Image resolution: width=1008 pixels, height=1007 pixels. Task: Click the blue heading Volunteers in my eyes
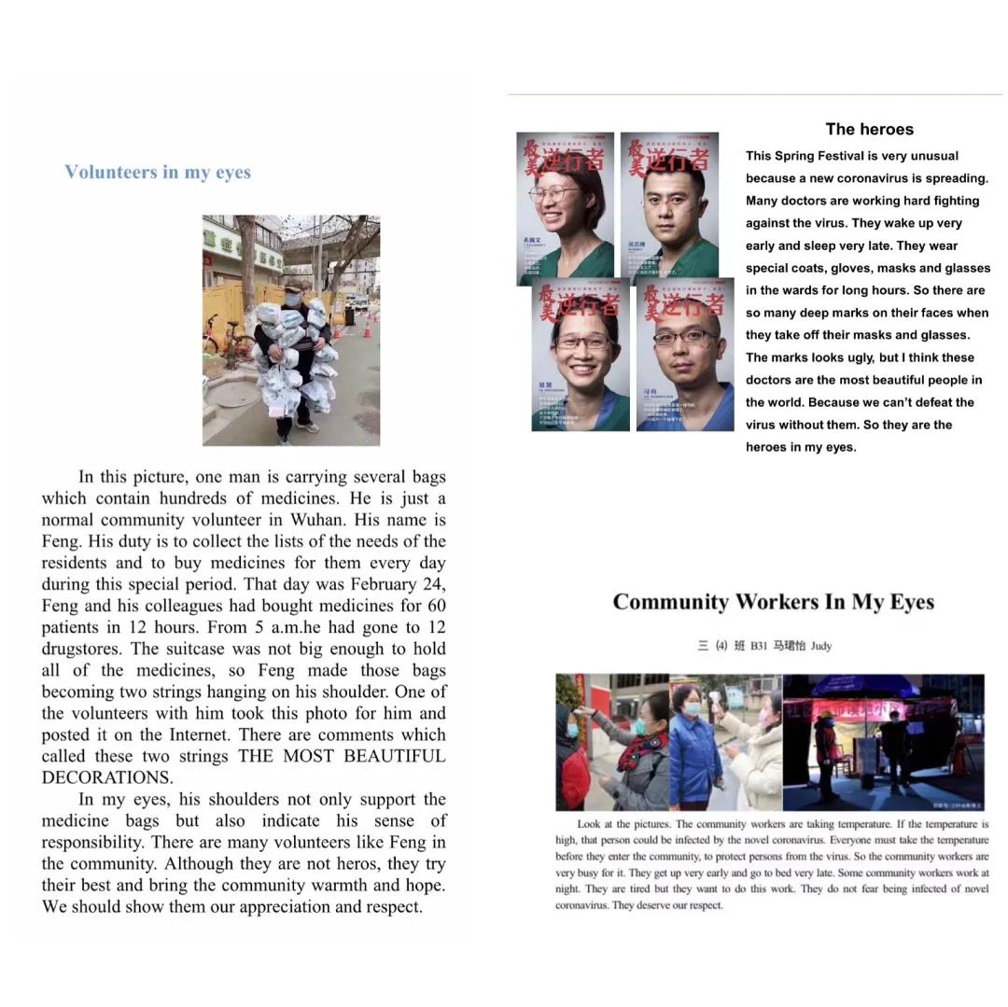pyautogui.click(x=158, y=172)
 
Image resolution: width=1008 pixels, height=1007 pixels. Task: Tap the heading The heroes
pyautogui.click(x=869, y=130)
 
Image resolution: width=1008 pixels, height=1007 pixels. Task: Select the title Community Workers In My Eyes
pyautogui.click(x=773, y=602)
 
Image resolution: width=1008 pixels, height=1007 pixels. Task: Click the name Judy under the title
pyautogui.click(x=820, y=646)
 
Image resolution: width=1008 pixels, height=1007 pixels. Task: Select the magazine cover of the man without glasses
pyautogui.click(x=669, y=206)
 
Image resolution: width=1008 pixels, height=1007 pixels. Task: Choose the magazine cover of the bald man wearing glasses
pyautogui.click(x=685, y=355)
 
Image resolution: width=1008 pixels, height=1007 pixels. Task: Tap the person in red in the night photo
pyautogui.click(x=827, y=751)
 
